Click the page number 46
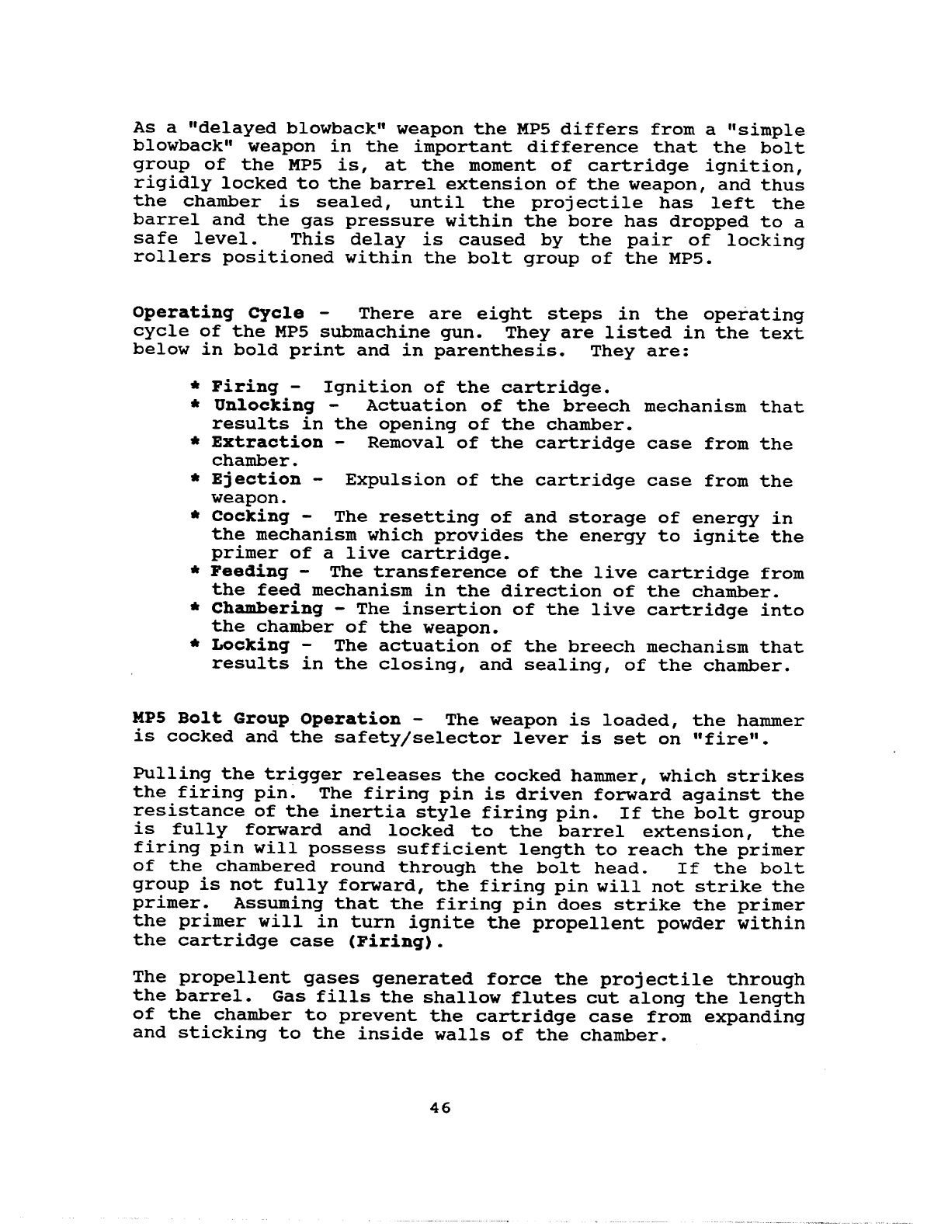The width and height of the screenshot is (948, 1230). [439, 1108]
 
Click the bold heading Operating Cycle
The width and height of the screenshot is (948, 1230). [218, 314]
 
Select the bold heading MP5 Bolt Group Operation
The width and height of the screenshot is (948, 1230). [267, 719]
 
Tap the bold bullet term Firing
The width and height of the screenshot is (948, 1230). [245, 387]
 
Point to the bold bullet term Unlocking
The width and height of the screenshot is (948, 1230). [263, 406]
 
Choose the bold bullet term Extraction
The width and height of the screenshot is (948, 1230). [267, 443]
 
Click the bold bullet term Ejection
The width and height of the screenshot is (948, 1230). [256, 480]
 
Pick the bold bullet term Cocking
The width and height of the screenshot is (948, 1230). [250, 516]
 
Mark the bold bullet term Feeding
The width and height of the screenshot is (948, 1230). [249, 572]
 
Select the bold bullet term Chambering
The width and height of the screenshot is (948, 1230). [267, 609]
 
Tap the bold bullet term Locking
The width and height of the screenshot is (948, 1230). [250, 646]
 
